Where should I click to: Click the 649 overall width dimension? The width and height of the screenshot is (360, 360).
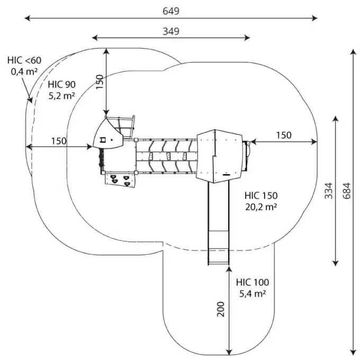(170, 11)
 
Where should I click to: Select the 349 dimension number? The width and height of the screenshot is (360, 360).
(170, 31)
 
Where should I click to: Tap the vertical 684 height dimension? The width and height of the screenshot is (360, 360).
(346, 194)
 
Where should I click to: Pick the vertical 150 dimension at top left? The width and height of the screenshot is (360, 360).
(100, 82)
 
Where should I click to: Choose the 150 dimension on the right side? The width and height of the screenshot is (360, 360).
(283, 135)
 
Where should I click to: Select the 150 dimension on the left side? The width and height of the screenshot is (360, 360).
(59, 141)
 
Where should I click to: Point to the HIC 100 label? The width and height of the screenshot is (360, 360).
(253, 282)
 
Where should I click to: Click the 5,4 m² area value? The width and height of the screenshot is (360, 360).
(253, 293)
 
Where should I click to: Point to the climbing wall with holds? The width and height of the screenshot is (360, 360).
(121, 181)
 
